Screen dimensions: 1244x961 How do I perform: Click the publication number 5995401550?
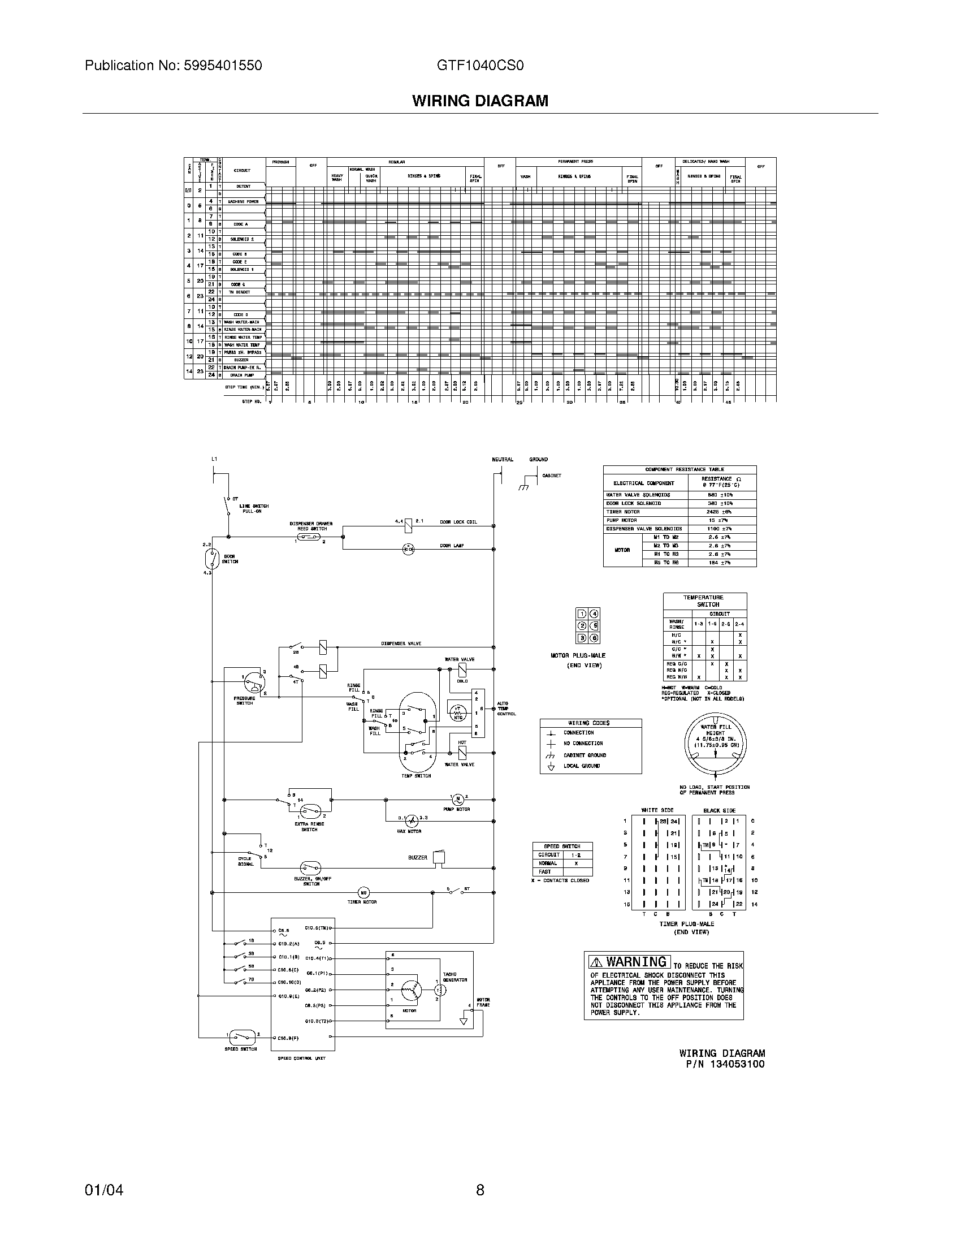222,66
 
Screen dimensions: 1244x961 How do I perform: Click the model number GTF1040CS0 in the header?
480,66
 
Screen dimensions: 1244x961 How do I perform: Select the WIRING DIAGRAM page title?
480,101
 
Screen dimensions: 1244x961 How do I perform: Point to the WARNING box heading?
630,962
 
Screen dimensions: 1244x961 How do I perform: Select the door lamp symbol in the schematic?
408,549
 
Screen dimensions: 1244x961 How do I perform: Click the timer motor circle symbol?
363,892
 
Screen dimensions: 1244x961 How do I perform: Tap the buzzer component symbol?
438,857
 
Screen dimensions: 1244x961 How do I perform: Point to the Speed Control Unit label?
301,1058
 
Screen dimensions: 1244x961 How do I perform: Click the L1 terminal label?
214,459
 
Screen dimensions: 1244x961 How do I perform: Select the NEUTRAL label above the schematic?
502,459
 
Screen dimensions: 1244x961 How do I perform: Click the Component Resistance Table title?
679,469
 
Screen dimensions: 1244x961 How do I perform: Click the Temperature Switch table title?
704,601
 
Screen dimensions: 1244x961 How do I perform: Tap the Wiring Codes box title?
589,723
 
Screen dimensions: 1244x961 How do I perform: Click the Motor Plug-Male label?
578,655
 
